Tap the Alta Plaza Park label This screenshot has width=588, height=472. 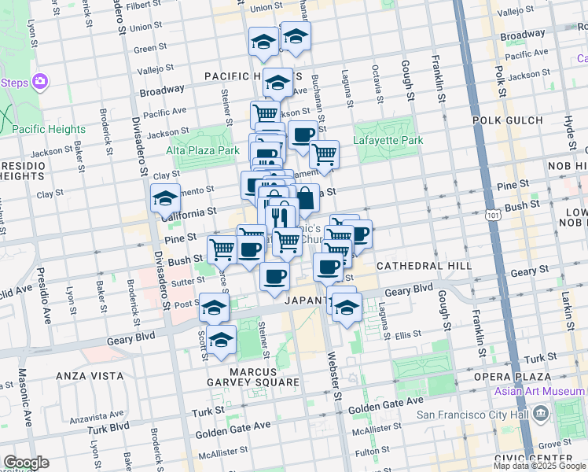202,150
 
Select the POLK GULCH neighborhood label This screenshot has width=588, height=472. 508,120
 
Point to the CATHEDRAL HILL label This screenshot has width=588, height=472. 424,266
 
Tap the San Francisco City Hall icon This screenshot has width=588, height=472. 541,413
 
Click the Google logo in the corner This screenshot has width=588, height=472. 26,463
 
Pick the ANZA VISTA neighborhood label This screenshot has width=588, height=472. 87,376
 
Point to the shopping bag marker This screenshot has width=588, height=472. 305,197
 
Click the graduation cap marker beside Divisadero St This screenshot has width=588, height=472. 166,199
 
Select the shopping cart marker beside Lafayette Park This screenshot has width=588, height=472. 324,154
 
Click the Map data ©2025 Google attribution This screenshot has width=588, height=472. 539,466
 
